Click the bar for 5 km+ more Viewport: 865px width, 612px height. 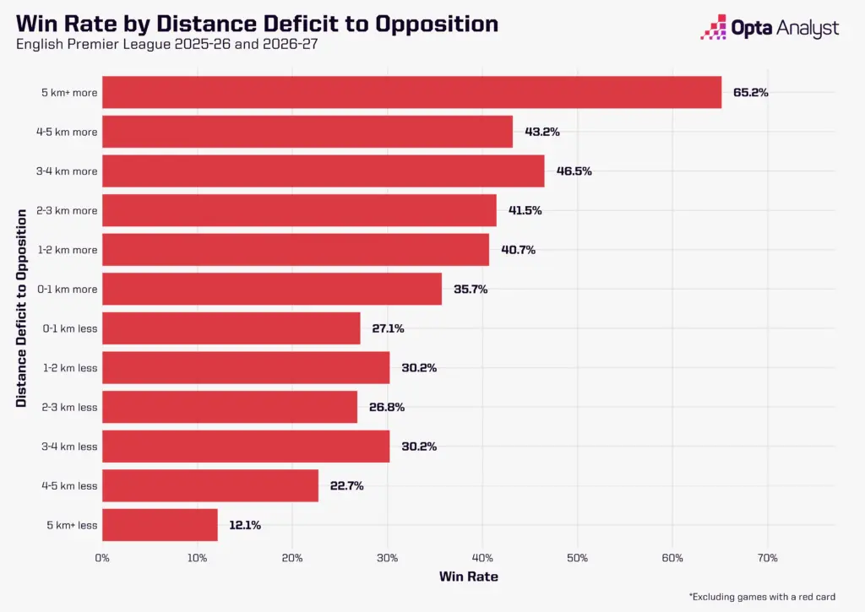coord(411,92)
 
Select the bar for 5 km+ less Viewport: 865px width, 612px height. coord(160,525)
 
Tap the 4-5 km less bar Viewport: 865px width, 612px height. coord(210,485)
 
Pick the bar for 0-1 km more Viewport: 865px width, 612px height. coord(272,289)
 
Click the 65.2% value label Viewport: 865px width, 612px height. coord(750,93)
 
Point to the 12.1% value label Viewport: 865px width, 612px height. coord(245,525)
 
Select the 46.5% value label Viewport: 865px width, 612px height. coord(574,171)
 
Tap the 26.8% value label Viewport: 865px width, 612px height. coord(387,407)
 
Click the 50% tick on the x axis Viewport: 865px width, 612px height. coord(577,558)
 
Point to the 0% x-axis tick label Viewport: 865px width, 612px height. coord(102,558)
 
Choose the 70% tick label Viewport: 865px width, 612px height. coord(767,558)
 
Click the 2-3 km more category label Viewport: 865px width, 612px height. coord(67,211)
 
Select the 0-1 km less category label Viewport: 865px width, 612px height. coord(70,328)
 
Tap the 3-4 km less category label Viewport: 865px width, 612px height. coord(69,447)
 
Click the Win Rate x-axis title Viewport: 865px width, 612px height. coord(468,577)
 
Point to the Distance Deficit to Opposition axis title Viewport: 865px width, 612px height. coord(21,308)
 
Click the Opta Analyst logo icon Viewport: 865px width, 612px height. coord(713,28)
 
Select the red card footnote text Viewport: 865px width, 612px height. coord(762,597)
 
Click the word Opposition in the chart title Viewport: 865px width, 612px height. coord(437,24)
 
